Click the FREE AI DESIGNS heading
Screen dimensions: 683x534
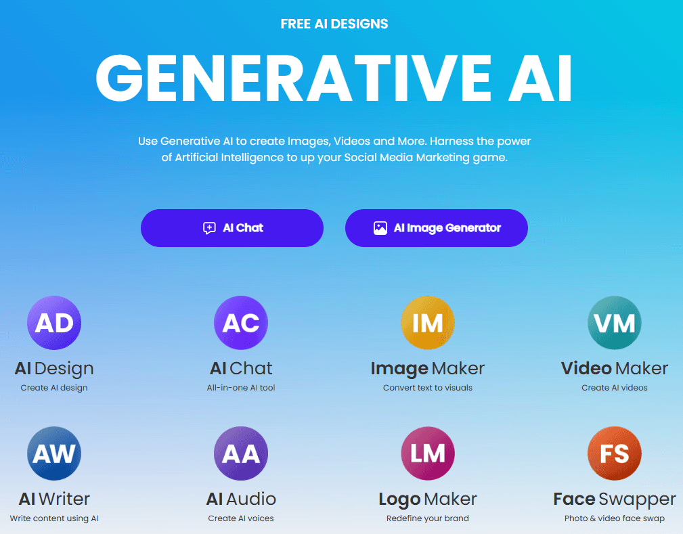click(x=334, y=24)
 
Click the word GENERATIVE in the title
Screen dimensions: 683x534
click(x=294, y=79)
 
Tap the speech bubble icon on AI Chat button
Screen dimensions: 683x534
click(x=210, y=228)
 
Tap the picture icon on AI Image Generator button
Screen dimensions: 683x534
click(x=380, y=228)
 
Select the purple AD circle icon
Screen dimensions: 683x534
click(x=54, y=323)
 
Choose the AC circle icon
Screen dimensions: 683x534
click(x=241, y=323)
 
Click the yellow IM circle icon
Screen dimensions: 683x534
click(x=428, y=323)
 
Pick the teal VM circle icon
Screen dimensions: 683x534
click(x=615, y=323)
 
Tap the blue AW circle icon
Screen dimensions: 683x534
click(x=54, y=453)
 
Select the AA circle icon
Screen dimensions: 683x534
click(x=241, y=453)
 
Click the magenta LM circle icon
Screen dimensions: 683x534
click(x=428, y=453)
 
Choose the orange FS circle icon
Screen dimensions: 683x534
click(x=615, y=453)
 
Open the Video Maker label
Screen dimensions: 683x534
click(x=615, y=368)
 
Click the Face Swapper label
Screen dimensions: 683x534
click(x=615, y=499)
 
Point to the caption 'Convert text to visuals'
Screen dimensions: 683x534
click(x=428, y=388)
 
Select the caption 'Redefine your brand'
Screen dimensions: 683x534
click(x=428, y=518)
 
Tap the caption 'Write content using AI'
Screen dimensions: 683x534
click(x=54, y=518)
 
